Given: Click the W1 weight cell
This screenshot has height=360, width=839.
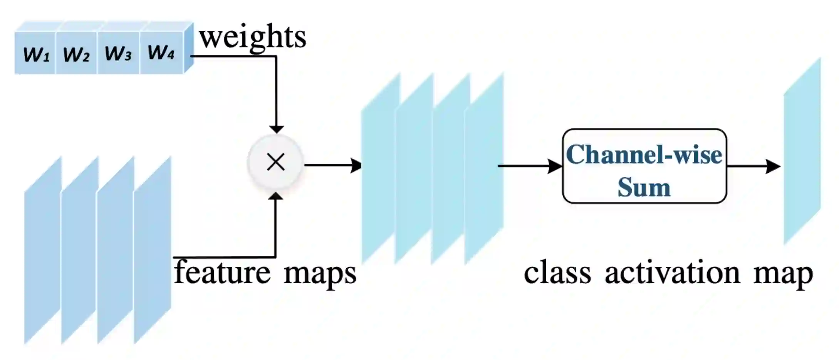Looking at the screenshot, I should pos(36,54).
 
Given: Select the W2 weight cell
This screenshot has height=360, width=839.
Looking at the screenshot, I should pos(76,54).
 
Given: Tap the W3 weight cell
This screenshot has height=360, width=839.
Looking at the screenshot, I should pos(118,53).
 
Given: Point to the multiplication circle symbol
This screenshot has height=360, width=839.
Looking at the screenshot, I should pos(276,162).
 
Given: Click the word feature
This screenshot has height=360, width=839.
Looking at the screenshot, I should pos(223,273).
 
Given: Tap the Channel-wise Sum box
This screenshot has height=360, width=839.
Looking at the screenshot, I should pos(644,166).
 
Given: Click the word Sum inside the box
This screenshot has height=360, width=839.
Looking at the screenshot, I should pos(644,188).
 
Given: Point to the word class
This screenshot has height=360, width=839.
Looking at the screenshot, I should pos(557,273).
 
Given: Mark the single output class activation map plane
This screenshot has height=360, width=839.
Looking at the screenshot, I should pos(802,151).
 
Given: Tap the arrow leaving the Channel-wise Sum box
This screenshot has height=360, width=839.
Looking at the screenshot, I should pos(753,167).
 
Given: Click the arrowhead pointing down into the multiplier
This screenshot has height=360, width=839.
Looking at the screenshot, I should pos(276,128).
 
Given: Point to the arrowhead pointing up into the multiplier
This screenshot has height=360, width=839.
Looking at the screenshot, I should pos(276,196).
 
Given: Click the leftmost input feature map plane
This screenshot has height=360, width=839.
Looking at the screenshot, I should pos(42,251).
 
